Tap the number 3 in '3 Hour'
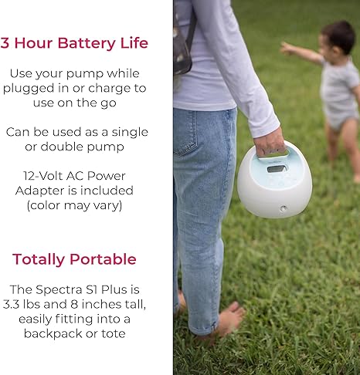point(5,42)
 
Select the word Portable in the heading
point(105,258)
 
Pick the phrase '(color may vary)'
point(74,205)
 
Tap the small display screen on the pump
point(277,168)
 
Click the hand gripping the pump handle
point(270,142)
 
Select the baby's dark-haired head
point(337,38)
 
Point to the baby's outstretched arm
point(299,52)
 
